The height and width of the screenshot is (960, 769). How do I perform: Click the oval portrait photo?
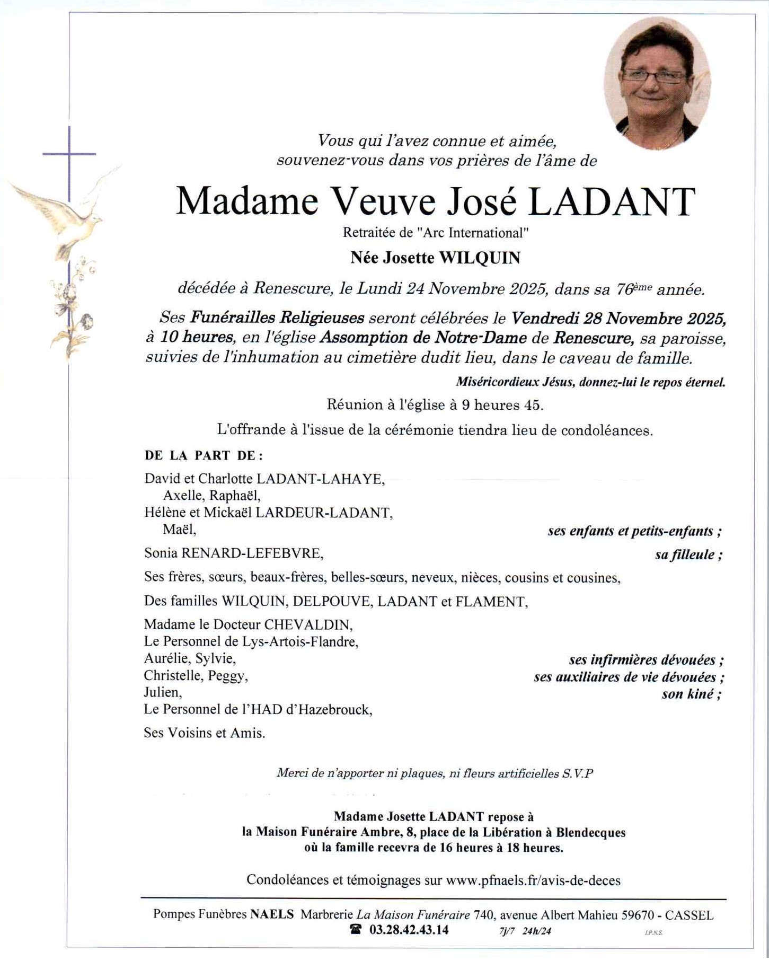[657, 83]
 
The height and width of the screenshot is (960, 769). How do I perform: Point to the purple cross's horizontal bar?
[69, 154]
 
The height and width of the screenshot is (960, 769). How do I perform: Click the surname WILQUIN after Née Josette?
[480, 258]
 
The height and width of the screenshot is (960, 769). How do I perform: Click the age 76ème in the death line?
[633, 289]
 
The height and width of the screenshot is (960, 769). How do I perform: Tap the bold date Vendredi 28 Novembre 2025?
[618, 318]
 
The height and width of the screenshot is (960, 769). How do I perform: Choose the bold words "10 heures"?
[197, 337]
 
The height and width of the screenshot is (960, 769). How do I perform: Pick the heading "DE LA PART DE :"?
[204, 455]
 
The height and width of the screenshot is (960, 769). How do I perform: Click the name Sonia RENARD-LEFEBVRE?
[234, 553]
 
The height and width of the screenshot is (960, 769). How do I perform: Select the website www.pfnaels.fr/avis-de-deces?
[533, 880]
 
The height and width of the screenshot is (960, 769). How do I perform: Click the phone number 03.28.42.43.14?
[409, 930]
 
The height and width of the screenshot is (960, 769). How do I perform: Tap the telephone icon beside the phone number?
[356, 930]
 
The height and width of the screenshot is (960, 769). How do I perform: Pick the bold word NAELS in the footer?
[272, 914]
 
